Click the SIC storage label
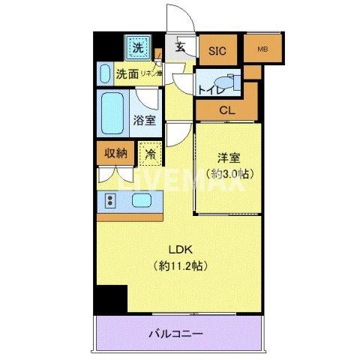(217, 51)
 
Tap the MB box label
(262, 49)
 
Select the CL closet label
(226, 110)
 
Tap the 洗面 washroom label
(127, 74)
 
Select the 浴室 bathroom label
(145, 118)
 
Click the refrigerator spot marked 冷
(150, 154)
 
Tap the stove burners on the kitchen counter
(110, 200)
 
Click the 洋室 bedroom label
(228, 160)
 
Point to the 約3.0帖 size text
(228, 174)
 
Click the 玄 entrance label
(181, 47)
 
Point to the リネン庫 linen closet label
(153, 74)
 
